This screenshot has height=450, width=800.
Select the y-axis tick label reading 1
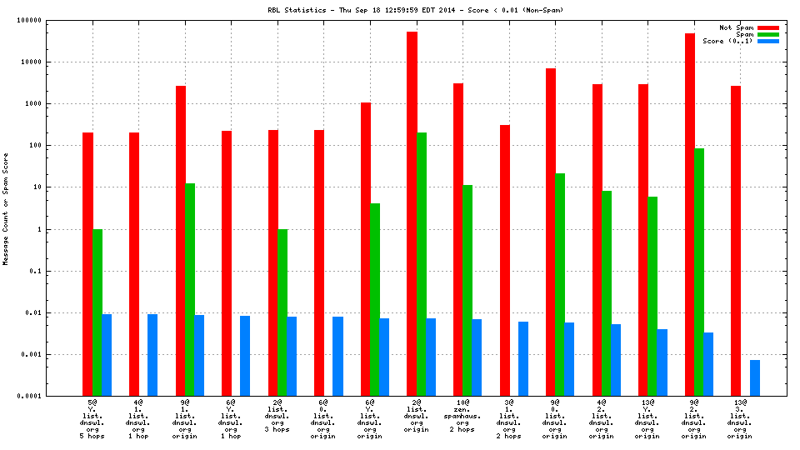point(63,229)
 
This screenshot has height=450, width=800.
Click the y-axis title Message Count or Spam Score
point(6,208)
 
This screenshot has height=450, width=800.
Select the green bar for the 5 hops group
point(97,312)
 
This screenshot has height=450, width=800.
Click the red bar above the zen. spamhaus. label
point(458,239)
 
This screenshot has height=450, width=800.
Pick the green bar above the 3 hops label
point(282,312)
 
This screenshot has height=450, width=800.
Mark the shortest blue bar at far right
point(754,378)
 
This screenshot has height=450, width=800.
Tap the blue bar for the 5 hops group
point(107,355)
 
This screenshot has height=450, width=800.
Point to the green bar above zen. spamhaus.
point(467,290)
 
